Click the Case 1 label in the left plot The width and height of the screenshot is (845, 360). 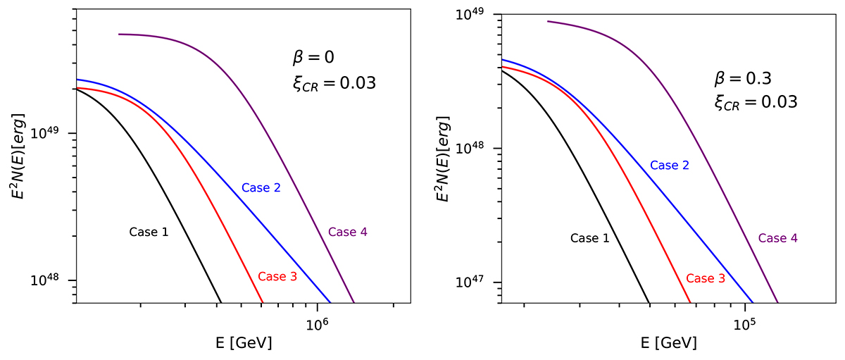tap(149, 231)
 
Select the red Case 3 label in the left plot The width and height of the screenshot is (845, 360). tap(277, 276)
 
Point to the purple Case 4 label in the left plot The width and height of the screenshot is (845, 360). tap(348, 231)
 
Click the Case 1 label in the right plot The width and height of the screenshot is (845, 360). tap(589, 238)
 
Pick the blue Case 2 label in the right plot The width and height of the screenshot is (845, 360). tap(669, 166)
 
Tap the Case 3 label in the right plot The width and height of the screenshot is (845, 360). tap(706, 278)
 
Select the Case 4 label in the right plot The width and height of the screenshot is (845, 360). tap(777, 238)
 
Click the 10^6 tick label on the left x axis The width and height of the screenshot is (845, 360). tap(318, 321)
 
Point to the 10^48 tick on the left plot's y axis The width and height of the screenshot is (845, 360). tap(58, 280)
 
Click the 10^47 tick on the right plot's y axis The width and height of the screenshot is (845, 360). tap(480, 283)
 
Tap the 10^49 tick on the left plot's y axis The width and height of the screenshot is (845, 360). tap(58, 133)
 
